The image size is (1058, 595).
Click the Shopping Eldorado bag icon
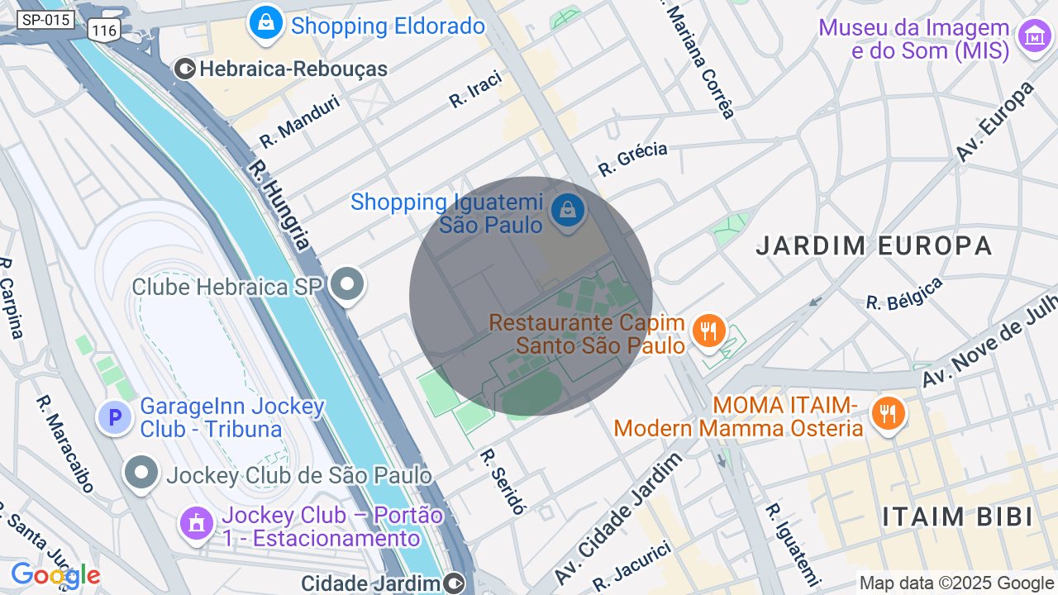266,24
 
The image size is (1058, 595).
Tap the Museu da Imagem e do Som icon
1034,37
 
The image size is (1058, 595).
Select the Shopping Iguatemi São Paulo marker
568,211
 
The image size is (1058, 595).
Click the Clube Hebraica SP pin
347,285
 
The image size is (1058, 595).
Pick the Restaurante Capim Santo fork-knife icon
708,331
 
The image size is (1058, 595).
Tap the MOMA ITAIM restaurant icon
889,412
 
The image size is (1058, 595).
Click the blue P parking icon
115,417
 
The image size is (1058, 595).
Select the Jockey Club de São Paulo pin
141,474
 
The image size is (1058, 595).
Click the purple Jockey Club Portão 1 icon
197,523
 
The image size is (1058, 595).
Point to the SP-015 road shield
45,20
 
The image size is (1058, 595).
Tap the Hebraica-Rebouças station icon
185,69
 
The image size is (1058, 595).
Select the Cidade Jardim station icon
454,583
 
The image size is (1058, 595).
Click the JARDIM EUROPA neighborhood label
874,245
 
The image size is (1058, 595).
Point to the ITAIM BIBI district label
957,517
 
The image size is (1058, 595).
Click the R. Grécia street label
632,159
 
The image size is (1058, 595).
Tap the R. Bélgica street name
904,294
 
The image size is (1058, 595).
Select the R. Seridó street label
503,481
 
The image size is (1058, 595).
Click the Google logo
55,576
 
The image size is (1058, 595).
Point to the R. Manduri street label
299,121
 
